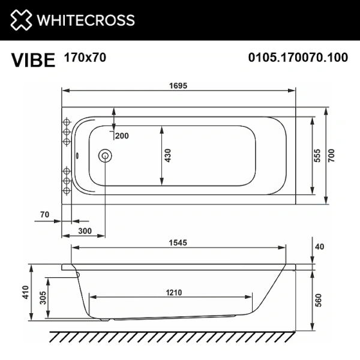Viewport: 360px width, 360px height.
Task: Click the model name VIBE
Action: pos(32,61)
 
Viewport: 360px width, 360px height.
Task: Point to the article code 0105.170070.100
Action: pos(298,58)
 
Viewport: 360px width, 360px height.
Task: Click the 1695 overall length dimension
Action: pos(178,85)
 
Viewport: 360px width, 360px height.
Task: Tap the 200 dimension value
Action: pos(122,136)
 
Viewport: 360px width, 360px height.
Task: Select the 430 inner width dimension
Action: pos(168,155)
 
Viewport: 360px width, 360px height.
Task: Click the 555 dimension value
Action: pos(318,155)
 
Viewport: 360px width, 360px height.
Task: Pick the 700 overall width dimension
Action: pos(331,155)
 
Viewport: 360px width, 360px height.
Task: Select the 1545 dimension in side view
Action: pos(178,243)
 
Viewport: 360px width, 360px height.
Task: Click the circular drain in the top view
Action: pos(105,156)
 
